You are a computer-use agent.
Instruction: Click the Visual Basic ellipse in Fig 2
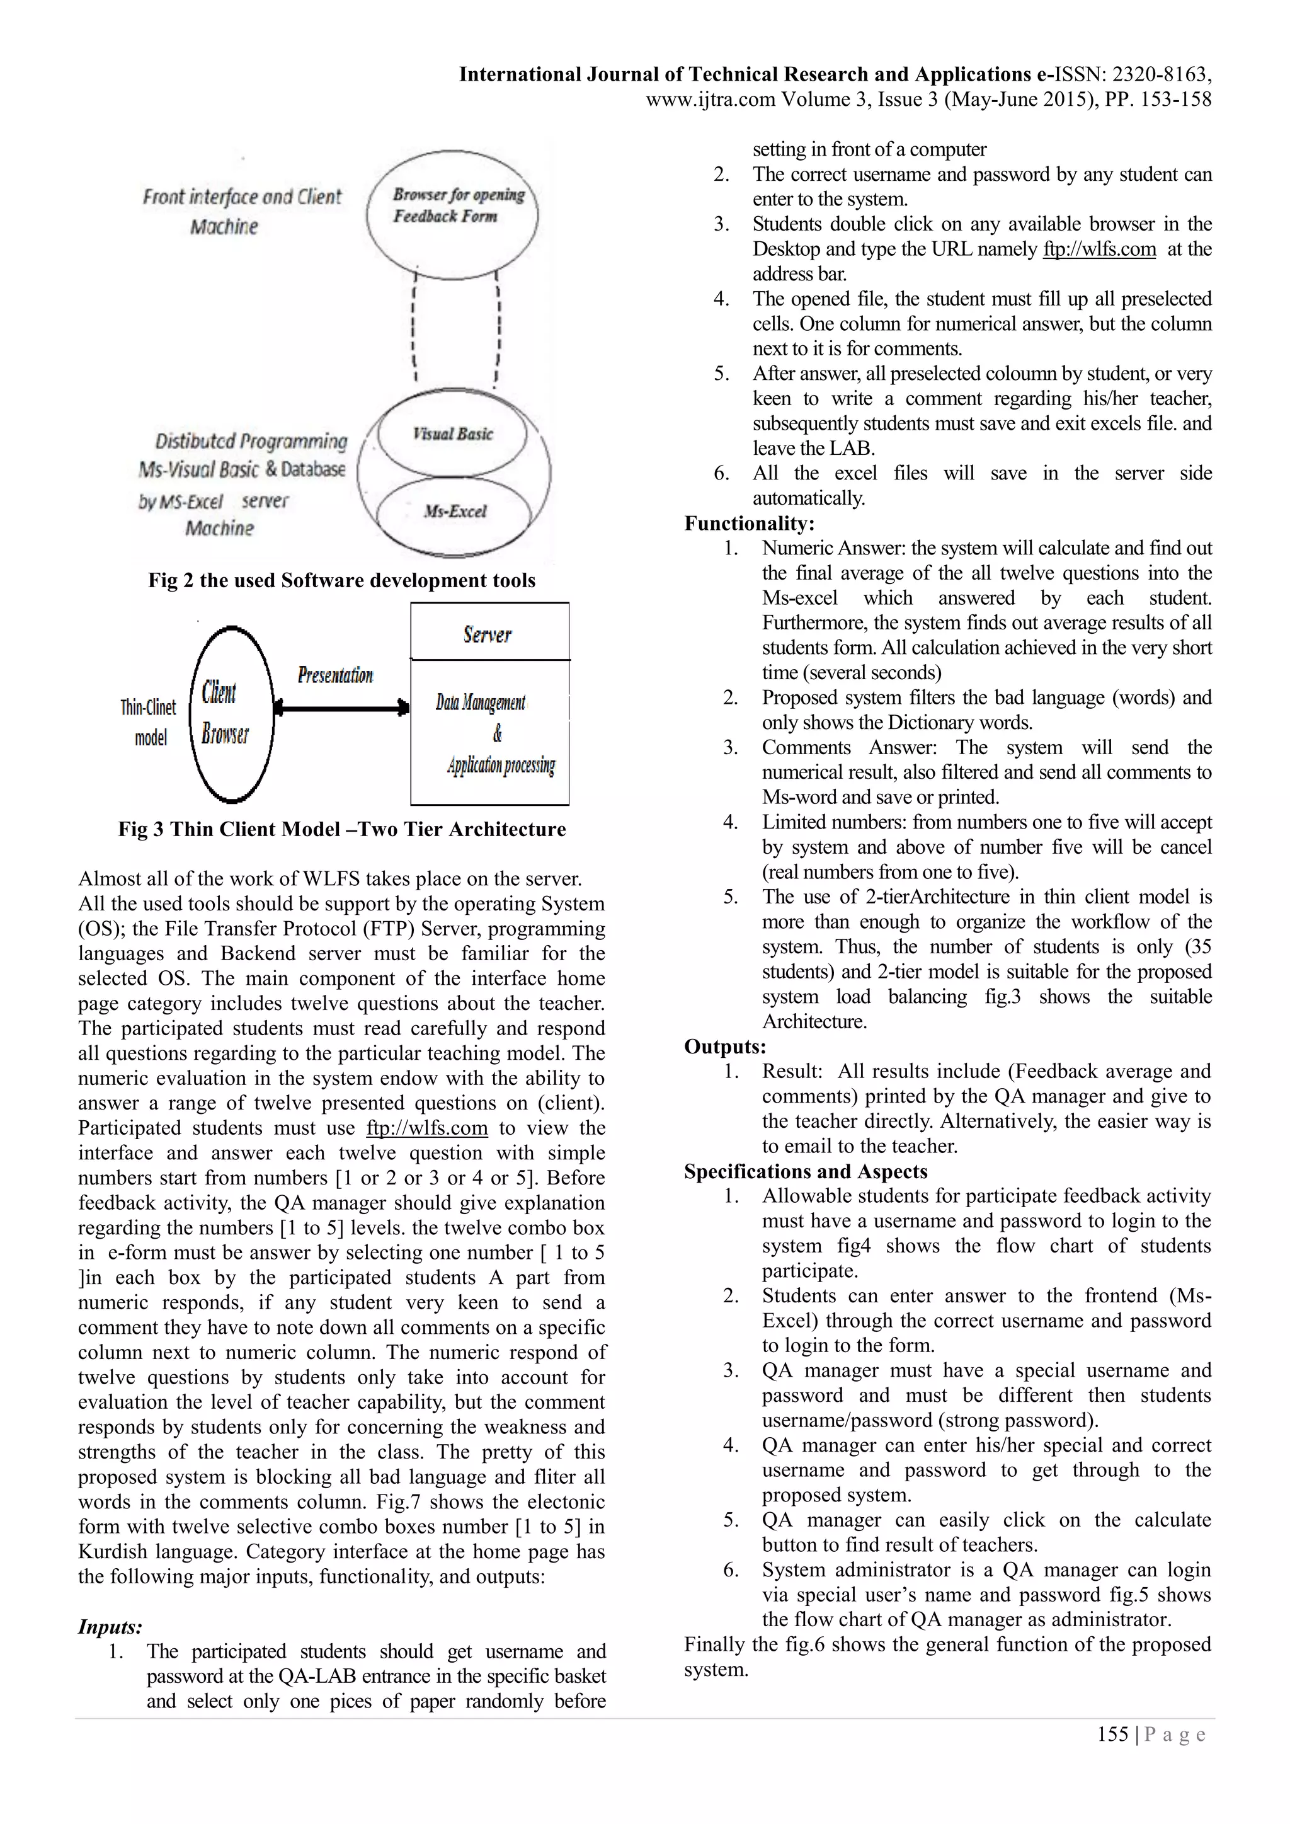[452, 433]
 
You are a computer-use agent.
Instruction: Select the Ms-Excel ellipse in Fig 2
[454, 512]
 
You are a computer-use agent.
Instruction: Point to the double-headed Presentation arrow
[341, 706]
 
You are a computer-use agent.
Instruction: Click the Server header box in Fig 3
[489, 633]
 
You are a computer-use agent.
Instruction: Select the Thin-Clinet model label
[149, 722]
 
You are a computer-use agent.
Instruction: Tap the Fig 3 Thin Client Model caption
[341, 829]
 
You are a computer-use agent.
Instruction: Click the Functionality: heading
[749, 523]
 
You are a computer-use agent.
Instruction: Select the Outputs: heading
[724, 1047]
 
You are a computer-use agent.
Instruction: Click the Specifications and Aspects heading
[806, 1171]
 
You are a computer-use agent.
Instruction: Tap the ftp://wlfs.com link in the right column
[1099, 249]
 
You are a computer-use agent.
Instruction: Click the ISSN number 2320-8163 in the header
[1160, 75]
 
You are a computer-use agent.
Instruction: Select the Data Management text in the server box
[481, 703]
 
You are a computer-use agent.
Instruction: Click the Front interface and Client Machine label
[241, 210]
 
